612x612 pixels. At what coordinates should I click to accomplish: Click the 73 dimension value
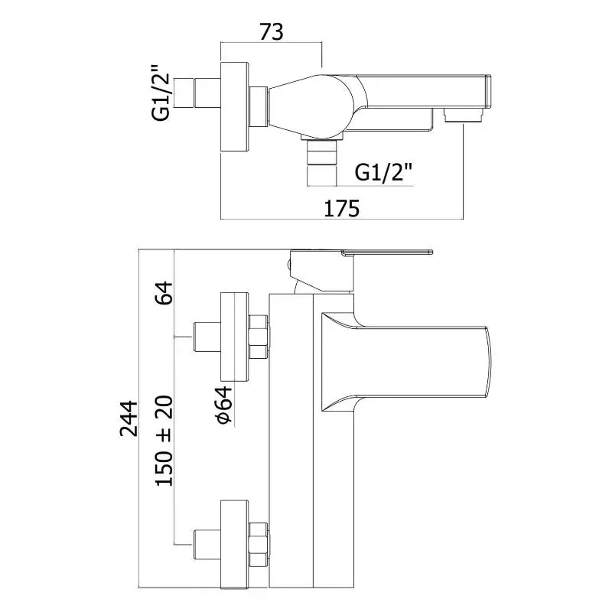272,31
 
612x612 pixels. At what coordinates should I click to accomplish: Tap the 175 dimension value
341,208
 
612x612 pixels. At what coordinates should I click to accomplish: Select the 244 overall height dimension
129,418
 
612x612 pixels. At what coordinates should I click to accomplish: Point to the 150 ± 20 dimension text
164,441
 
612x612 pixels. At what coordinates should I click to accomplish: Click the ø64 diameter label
223,405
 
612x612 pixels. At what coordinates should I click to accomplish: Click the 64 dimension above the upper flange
164,293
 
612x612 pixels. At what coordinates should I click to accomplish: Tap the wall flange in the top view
235,106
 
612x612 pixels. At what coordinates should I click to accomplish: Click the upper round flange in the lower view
235,337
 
